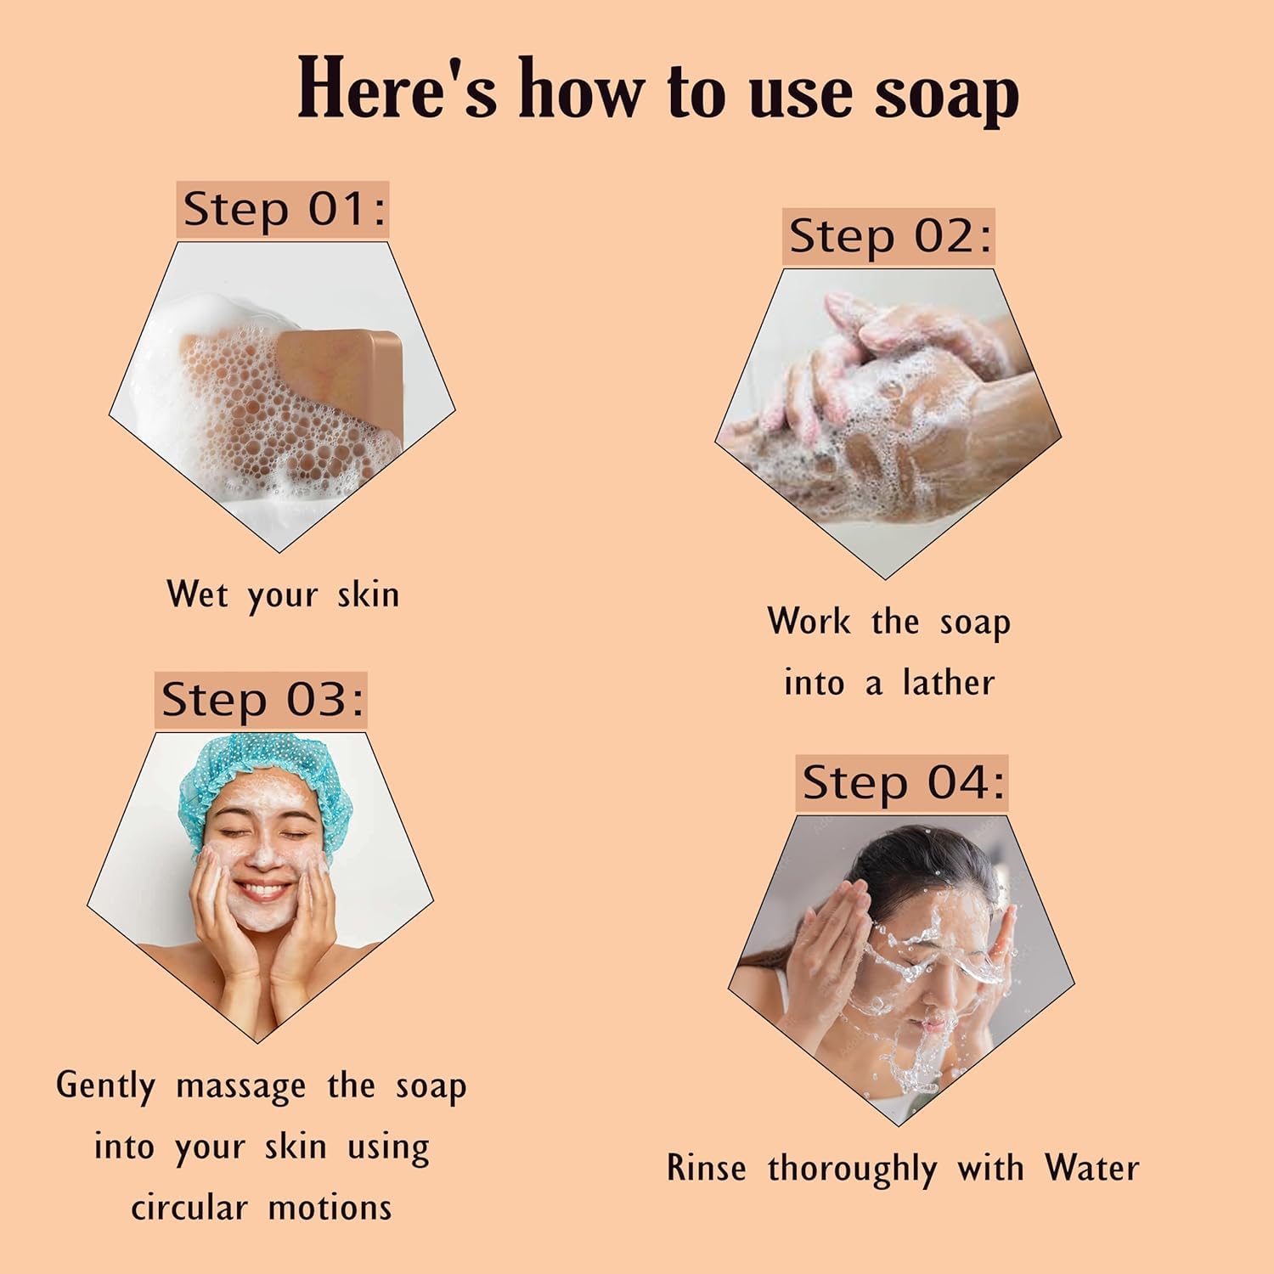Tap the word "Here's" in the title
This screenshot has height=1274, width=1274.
(397, 87)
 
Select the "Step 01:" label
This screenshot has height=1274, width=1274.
(284, 209)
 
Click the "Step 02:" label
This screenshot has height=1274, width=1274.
(889, 237)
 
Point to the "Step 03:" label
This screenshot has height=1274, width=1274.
(262, 701)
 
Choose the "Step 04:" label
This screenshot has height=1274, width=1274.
(903, 782)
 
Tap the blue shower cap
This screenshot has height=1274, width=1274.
(258, 781)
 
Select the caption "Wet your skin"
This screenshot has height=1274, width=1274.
(283, 595)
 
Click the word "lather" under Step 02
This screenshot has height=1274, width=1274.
(948, 683)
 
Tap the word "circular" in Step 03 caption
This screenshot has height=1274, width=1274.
(189, 1208)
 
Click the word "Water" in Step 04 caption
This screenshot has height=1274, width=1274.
(1092, 1168)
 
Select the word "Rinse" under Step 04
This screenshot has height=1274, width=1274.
(707, 1168)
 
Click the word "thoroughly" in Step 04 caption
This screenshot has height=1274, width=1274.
(853, 1170)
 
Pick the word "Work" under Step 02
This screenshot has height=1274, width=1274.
(809, 621)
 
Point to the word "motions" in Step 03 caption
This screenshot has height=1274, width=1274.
(330, 1208)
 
